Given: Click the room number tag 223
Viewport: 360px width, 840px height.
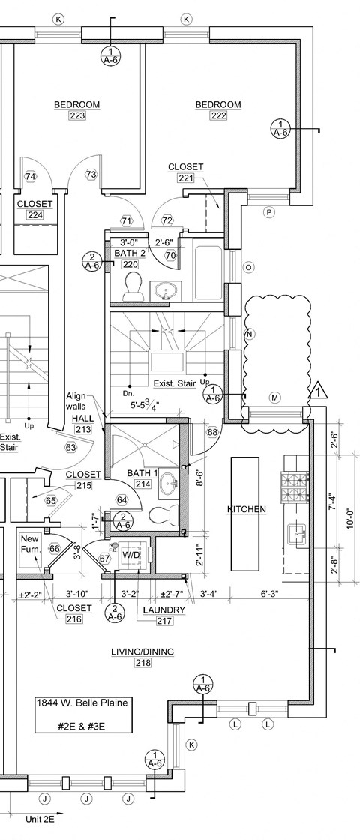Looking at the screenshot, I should pos(76,116).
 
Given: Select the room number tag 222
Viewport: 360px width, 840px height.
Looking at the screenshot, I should pos(218,116).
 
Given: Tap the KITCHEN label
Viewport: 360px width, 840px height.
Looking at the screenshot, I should pos(247,509).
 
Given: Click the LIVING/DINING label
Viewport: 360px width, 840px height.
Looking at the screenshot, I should pos(142,652).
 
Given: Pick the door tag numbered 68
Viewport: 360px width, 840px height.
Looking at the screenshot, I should pos(212,432).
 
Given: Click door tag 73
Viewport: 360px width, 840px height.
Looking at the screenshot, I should pos(91,174).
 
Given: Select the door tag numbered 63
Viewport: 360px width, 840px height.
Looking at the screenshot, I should pos(72,448).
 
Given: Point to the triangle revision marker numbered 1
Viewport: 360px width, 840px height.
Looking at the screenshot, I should pos(320,390).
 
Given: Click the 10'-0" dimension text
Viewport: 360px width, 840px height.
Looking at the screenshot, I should pos(350,517).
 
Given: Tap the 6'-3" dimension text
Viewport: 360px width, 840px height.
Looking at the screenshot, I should pos(269,595).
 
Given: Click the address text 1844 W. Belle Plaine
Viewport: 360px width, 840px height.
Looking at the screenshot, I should pos(82,703).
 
